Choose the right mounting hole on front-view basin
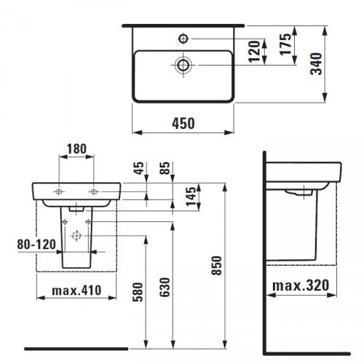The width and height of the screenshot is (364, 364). [93, 191]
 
